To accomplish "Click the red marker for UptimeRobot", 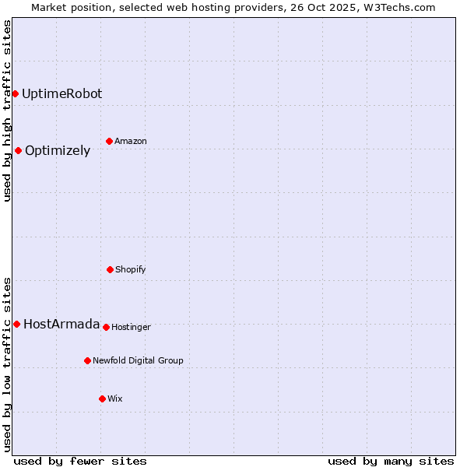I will (15, 93).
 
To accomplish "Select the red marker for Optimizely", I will (18, 150).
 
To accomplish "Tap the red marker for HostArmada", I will (16, 324).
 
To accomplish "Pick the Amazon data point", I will (109, 141).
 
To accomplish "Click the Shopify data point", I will (110, 269).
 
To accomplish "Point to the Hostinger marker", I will (106, 327).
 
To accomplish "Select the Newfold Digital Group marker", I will (87, 360).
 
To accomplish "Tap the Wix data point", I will (102, 399).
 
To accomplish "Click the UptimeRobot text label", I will (61, 93).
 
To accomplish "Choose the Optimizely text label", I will (58, 151).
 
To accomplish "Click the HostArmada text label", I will (61, 325).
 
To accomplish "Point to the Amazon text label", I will (131, 142).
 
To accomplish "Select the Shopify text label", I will (131, 270).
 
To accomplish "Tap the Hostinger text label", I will (131, 328).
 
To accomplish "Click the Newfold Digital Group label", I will (138, 361).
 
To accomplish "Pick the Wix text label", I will (115, 399).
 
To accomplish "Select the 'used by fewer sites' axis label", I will (80, 461).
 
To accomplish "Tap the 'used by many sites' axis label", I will (391, 461).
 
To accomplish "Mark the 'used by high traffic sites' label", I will (7, 111).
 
